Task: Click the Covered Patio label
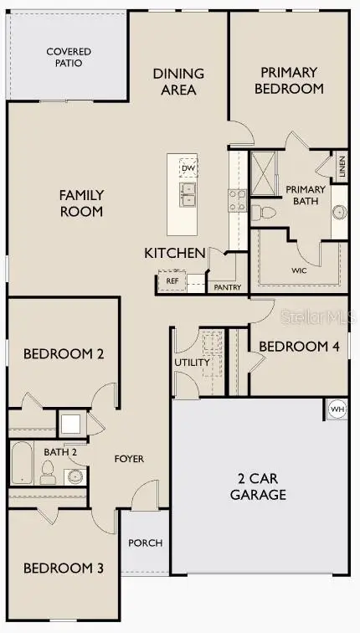[x=69, y=57]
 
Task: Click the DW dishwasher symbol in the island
[x=188, y=168]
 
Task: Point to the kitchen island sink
[x=188, y=195]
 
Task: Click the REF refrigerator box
[x=172, y=280]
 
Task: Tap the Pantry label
[x=227, y=287]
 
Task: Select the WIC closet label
[x=299, y=270]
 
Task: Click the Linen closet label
[x=342, y=168]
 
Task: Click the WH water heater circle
[x=337, y=409]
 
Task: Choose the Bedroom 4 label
[x=298, y=346]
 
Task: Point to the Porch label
[x=145, y=543]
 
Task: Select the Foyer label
[x=129, y=459]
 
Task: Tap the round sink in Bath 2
[x=75, y=476]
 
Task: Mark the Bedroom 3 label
[x=63, y=569]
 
